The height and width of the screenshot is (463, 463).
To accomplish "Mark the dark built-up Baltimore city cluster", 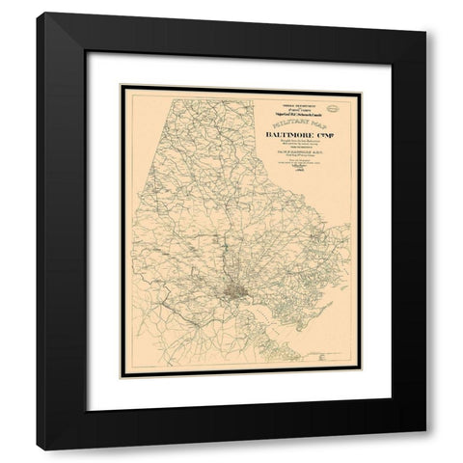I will [x=238, y=289].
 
